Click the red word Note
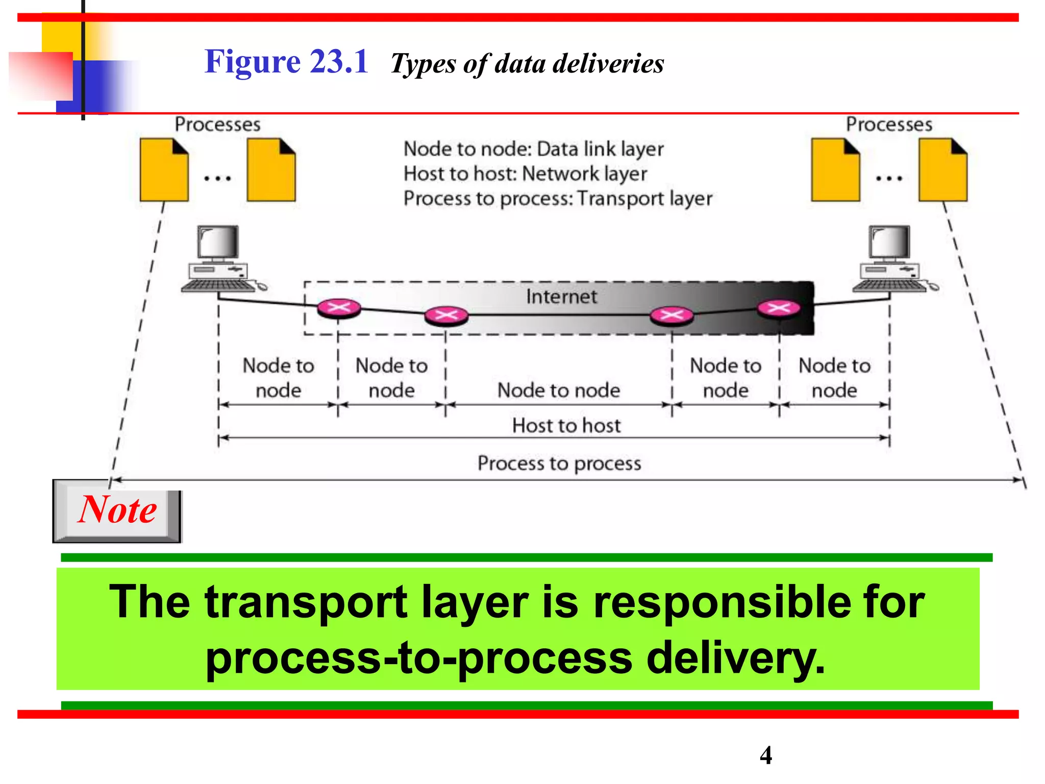click(x=117, y=510)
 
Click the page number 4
click(x=765, y=755)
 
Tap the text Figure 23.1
click(x=286, y=62)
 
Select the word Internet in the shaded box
click(x=561, y=297)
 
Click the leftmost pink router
click(x=339, y=308)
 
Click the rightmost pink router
click(x=779, y=308)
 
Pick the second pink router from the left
click(x=446, y=315)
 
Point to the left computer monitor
click(x=218, y=243)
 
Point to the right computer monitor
click(x=890, y=243)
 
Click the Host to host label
click(x=566, y=426)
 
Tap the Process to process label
click(x=559, y=463)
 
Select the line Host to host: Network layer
click(x=525, y=174)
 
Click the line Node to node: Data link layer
click(x=533, y=149)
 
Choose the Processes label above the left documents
click(x=217, y=125)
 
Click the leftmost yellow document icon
click(x=164, y=170)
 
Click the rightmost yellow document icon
click(x=943, y=170)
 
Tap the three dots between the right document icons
click(x=889, y=179)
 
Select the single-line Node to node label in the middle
click(x=559, y=390)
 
